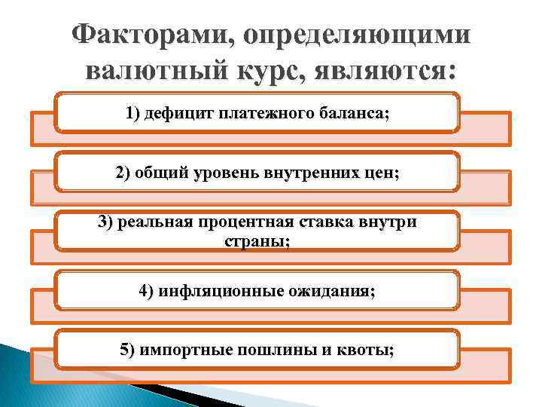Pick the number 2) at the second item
(124, 172)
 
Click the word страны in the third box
(256, 240)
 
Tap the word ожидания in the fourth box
(337, 292)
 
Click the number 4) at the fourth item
(148, 292)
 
